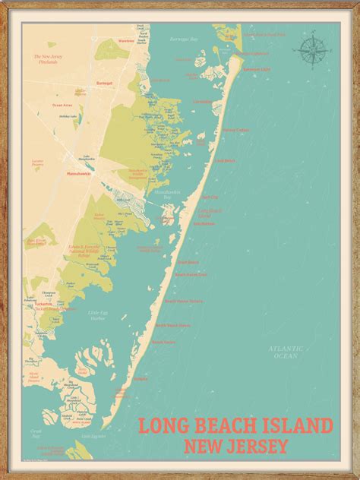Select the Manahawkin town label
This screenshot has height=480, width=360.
(x=78, y=174)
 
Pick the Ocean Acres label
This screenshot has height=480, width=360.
(x=62, y=106)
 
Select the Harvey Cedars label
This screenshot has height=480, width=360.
(x=235, y=130)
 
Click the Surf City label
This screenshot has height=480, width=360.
(x=208, y=197)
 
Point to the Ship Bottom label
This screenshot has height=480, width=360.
(x=204, y=223)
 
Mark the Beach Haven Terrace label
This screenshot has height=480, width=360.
(x=183, y=300)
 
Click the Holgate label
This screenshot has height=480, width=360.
(x=140, y=377)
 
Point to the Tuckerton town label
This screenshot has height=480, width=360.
(x=43, y=303)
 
